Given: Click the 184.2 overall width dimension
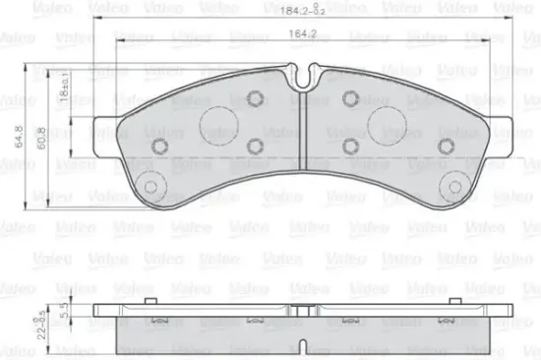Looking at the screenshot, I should click(299, 11).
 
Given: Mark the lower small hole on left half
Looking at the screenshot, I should click(257, 147).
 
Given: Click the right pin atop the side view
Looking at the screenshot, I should click(463, 302).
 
